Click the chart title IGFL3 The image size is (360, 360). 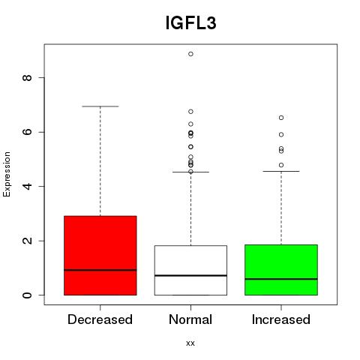click(x=190, y=23)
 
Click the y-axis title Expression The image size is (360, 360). click(x=7, y=174)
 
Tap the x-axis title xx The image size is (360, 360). click(x=190, y=343)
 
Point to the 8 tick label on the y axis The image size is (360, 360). click(x=28, y=77)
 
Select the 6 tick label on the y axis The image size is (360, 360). click(x=28, y=132)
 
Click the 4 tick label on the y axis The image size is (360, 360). click(x=28, y=186)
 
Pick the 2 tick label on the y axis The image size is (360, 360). click(x=28, y=241)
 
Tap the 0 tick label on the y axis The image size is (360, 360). click(x=28, y=295)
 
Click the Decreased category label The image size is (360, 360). click(x=100, y=319)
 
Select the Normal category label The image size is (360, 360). click(x=190, y=319)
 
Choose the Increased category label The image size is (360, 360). click(x=281, y=319)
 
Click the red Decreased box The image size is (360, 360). click(x=100, y=256)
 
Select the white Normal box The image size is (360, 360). click(x=190, y=270)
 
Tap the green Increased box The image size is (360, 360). click(x=281, y=270)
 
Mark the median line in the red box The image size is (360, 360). click(x=100, y=270)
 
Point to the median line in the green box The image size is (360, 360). click(x=281, y=279)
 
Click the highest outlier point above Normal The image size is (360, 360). click(x=190, y=54)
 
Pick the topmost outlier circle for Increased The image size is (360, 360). click(x=281, y=118)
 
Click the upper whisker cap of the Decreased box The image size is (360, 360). click(x=100, y=106)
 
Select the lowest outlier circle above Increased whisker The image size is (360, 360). click(x=281, y=165)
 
